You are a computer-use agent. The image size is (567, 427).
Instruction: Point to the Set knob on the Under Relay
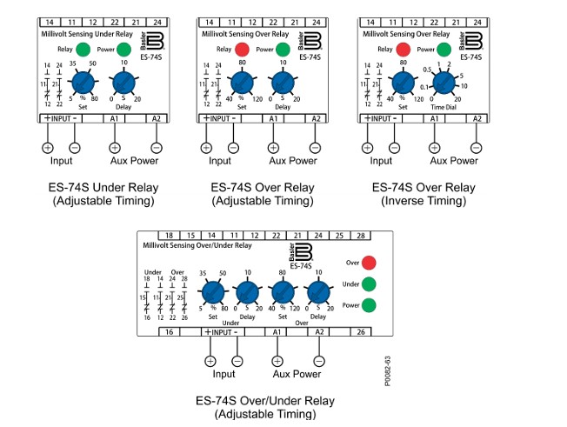pyautogui.click(x=83, y=83)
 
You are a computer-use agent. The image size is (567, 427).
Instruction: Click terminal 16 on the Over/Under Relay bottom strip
pyautogui.click(x=170, y=332)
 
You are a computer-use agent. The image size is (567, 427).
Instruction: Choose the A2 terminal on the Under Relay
pyautogui.click(x=156, y=117)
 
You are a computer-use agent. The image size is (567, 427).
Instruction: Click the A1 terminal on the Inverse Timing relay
pyautogui.click(x=434, y=117)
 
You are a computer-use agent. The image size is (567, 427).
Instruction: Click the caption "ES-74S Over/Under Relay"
pyautogui.click(x=265, y=401)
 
